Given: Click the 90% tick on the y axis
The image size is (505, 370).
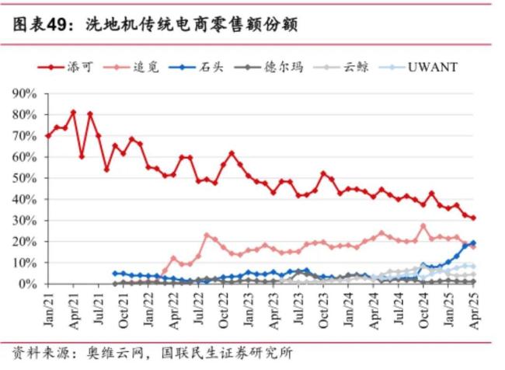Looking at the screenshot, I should pos(26,93).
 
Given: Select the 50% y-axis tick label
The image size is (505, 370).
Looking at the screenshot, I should pos(26,178).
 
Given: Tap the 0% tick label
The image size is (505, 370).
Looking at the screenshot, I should pos(29,284).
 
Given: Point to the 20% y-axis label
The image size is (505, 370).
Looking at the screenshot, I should pos(26,242).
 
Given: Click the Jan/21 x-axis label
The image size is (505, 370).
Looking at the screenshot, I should pos(48,308).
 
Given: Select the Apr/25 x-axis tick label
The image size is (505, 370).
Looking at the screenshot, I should pos(474,308).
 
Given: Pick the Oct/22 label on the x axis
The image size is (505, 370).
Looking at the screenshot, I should pos(224,308).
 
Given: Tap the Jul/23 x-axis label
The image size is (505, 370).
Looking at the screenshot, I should pos(298,308).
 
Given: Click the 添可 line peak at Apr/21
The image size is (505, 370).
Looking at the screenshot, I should pos(73,112).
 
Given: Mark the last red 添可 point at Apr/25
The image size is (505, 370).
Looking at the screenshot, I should pos(473,218).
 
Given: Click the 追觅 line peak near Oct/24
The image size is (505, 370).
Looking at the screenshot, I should pos(423,226).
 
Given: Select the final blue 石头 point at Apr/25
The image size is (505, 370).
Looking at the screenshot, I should pos(473,243).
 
